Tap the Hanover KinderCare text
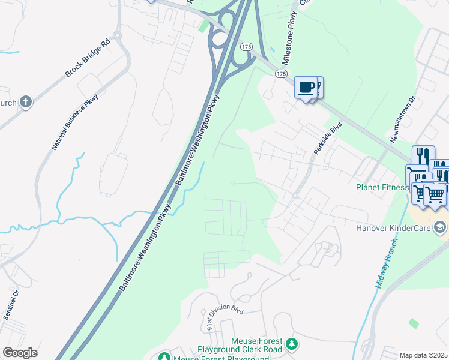point(395,227)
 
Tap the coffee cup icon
point(306,87)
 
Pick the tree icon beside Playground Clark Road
point(292,344)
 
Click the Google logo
point(20,353)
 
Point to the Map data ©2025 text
point(424,355)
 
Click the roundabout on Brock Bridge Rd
point(117,35)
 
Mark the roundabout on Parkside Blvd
point(295,196)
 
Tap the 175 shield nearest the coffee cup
point(281,73)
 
